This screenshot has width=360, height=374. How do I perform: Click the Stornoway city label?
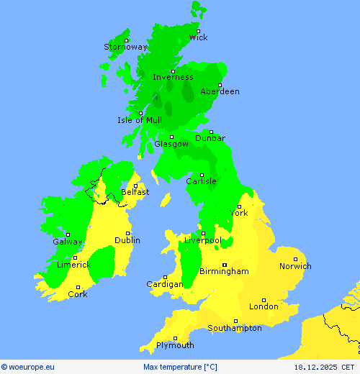pyautogui.click(x=125, y=47)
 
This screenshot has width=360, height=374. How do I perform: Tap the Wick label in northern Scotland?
pyautogui.click(x=198, y=37)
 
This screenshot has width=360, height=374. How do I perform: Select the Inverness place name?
pyautogui.click(x=173, y=77)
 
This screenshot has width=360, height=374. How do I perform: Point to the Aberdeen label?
pyautogui.click(x=220, y=91)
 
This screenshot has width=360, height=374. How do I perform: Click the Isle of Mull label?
pyautogui.click(x=140, y=120)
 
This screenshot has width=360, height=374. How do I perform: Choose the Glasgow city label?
pyautogui.click(x=171, y=144)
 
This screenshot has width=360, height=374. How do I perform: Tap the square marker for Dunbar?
pyautogui.click(x=211, y=132)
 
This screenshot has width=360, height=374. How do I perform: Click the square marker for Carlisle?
pyautogui.click(x=202, y=175)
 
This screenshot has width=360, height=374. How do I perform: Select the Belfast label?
pyautogui.click(x=135, y=192)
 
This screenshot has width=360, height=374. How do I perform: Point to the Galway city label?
pyautogui.click(x=68, y=242)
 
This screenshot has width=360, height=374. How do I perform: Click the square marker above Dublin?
pyautogui.click(x=128, y=233)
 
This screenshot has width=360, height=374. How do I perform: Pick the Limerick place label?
pyautogui.click(x=73, y=265)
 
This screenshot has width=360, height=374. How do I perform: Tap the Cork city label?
pyautogui.click(x=78, y=294)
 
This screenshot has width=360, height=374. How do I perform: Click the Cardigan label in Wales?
pyautogui.click(x=164, y=284)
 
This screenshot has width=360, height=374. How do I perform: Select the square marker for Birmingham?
pyautogui.click(x=224, y=264)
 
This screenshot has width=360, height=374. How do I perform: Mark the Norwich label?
pyautogui.click(x=295, y=266)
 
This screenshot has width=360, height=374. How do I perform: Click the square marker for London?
pyautogui.click(x=264, y=300)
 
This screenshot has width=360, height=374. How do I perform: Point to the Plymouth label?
pyautogui.click(x=175, y=345)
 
